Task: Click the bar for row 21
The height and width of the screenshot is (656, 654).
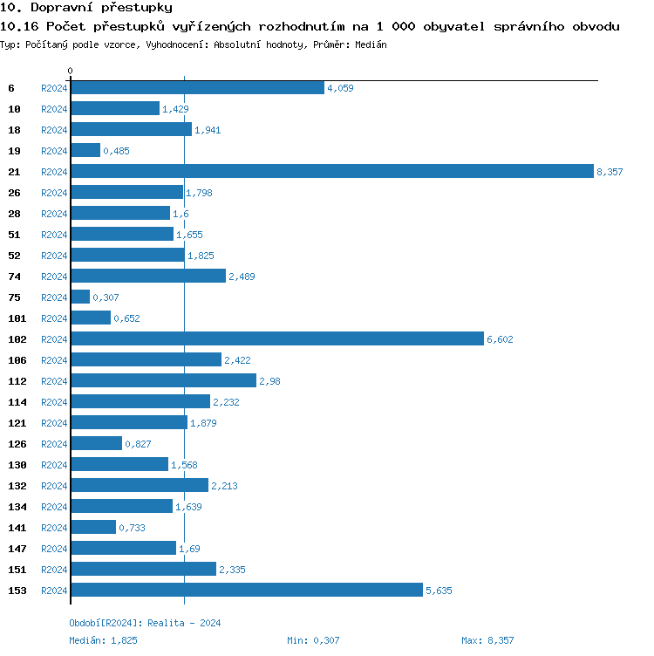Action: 331,172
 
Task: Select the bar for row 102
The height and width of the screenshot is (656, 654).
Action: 276,339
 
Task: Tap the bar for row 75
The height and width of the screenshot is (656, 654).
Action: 80,297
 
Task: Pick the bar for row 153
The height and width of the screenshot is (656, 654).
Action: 246,591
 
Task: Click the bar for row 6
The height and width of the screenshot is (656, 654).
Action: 197,88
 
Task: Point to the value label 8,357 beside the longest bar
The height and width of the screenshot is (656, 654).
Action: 610,172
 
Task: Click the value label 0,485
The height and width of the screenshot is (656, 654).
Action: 116,151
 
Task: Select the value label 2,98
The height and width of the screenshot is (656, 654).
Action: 269,381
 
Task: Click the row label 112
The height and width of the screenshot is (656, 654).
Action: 17,381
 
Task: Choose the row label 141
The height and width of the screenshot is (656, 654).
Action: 17,528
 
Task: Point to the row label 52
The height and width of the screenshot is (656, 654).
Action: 15,256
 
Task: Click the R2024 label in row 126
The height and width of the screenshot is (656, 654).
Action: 54,444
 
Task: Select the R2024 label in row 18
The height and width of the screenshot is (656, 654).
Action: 54,130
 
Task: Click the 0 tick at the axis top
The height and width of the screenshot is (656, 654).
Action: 71,71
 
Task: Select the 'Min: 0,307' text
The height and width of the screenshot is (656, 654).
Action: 313,640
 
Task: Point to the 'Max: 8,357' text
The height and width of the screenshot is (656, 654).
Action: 487,640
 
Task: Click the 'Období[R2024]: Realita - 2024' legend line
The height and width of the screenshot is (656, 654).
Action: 145,623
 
